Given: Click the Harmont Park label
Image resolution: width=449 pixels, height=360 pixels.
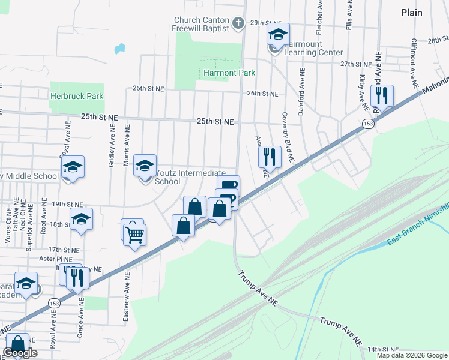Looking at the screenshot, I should point(229,73).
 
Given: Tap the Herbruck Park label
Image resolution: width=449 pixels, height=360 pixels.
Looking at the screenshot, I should point(77,96).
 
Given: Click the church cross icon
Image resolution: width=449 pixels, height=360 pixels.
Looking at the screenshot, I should point(238,24).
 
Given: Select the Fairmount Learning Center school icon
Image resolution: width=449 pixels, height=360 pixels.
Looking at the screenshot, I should point(278,35).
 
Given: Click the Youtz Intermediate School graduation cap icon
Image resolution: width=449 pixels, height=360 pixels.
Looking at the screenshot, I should point(145,166).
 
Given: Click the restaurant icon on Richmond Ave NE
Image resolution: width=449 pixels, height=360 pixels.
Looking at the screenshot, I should point(381,95).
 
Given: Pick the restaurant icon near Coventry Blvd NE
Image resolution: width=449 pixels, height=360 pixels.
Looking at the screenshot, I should point(270,157).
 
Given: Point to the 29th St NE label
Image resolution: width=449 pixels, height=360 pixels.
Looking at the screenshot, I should point(266,23).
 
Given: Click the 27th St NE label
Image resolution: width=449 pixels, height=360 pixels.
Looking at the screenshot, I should point(356,64).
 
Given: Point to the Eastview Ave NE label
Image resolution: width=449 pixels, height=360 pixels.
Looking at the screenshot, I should point(127,298).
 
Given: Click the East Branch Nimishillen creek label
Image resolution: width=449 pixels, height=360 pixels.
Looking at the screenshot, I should point(417,233).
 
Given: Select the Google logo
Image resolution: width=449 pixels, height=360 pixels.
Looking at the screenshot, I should point(20,353).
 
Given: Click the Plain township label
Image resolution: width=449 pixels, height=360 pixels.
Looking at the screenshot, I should point(411,13).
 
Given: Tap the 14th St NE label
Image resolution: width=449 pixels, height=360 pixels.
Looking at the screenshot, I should point(384,349).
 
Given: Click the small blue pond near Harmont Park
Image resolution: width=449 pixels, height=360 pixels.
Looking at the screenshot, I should point(119,48).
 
